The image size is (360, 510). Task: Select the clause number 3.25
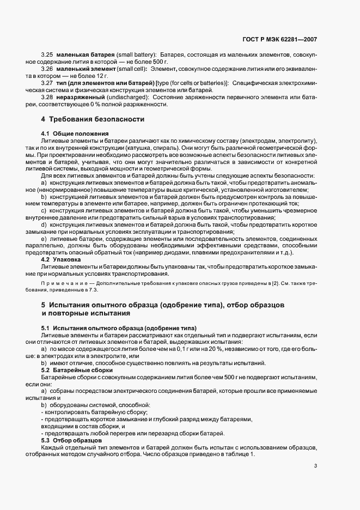[x=47, y=56]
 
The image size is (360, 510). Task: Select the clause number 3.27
[x=47, y=83]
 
